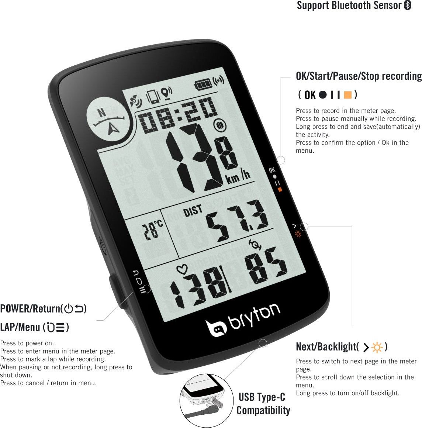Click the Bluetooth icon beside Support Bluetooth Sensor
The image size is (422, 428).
coord(408,5)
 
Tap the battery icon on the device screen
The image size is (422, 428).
coord(203,84)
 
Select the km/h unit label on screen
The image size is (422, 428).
coord(238,177)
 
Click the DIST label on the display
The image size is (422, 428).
coord(193,211)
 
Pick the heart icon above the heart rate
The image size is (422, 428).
coord(182,269)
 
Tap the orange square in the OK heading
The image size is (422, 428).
coord(348,95)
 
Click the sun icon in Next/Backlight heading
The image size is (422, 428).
coord(377,347)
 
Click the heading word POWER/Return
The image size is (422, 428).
coord(30,309)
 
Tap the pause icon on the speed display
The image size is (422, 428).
coord(219,125)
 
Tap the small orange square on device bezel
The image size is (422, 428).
coord(280,189)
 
